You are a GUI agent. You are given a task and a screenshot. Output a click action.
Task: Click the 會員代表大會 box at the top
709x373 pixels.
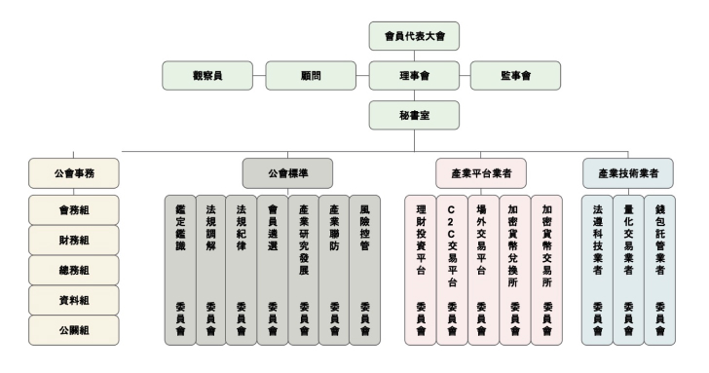(x=414, y=36)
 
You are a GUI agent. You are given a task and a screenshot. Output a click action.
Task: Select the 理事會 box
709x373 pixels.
(x=414, y=75)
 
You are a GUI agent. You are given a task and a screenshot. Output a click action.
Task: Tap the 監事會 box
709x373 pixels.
(x=515, y=75)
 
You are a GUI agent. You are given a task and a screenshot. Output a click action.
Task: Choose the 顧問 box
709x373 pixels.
(x=311, y=75)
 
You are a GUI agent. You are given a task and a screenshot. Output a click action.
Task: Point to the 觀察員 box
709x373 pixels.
(x=207, y=75)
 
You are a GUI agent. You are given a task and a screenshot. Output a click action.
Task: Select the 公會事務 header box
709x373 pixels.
(x=74, y=173)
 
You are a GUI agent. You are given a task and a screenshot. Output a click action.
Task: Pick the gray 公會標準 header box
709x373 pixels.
(x=287, y=173)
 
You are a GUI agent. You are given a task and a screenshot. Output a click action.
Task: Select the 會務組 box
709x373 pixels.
(x=74, y=209)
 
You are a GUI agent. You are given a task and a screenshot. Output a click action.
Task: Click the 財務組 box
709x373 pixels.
(x=74, y=240)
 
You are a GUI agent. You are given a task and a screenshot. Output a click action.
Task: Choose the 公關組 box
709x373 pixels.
(x=74, y=330)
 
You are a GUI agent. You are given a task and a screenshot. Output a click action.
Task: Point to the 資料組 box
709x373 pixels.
(x=74, y=300)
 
